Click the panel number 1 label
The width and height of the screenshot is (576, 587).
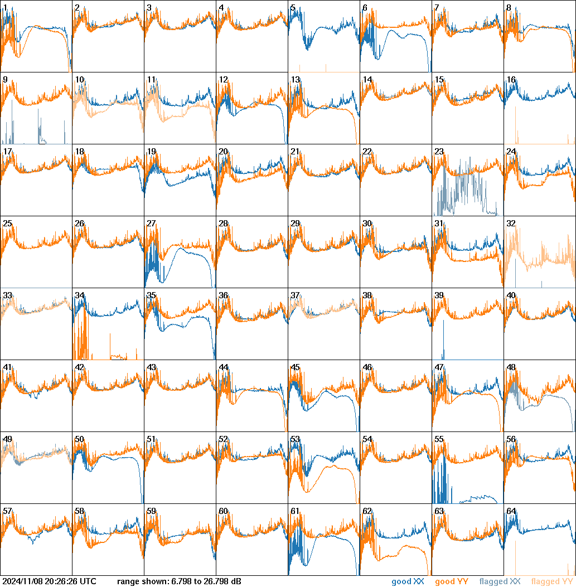tap(5, 8)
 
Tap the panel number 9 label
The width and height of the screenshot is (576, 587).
tap(5, 80)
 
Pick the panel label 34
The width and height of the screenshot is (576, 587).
tap(79, 295)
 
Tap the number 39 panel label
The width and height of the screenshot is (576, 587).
tap(439, 295)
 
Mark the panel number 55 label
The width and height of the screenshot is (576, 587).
tap(439, 439)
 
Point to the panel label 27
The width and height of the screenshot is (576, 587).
tap(151, 224)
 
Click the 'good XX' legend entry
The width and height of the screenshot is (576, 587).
tap(409, 582)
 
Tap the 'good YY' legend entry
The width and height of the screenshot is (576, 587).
tap(452, 582)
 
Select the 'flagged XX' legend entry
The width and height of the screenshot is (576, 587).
tap(500, 582)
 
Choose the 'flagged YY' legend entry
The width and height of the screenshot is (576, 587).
tap(551, 582)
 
